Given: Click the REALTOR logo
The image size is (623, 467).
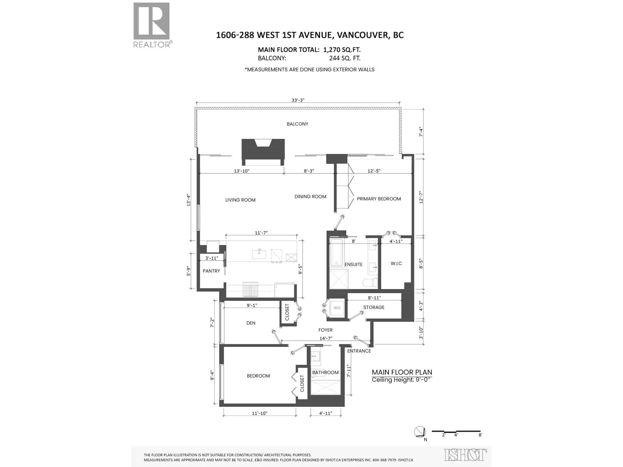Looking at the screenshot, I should [152, 25].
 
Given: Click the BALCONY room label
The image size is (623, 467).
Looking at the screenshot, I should [297, 124].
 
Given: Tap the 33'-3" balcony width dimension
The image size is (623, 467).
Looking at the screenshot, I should [298, 100].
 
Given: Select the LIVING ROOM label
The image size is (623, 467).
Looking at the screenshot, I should [240, 200].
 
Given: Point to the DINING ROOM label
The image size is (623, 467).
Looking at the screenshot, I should [310, 197].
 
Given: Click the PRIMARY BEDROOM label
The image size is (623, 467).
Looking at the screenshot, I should [378, 199].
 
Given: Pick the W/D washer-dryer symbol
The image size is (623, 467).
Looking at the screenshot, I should [337, 308].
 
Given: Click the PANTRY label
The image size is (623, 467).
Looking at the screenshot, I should [211, 271].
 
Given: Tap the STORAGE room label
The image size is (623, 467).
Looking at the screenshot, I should [374, 307].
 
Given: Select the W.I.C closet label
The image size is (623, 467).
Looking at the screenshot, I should [396, 263].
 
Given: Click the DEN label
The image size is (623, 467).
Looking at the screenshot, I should [251, 323].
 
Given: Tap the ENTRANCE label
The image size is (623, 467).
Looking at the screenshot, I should [359, 351].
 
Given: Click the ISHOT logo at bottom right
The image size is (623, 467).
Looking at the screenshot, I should [465, 455].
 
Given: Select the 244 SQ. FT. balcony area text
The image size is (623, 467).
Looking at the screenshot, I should [345, 58].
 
